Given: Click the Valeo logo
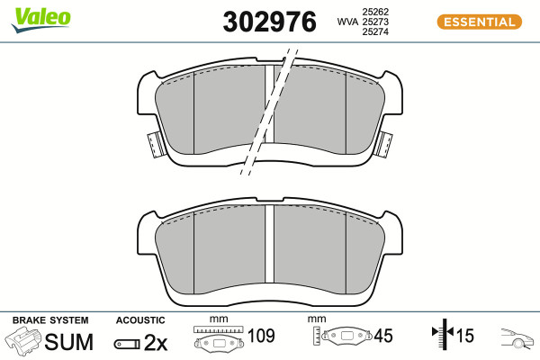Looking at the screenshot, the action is click(x=41, y=20).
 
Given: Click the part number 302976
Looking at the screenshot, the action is click(x=269, y=22).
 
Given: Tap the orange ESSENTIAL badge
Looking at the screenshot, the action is click(x=479, y=22).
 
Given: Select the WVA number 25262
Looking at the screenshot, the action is click(x=375, y=12).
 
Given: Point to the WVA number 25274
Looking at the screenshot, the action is click(x=375, y=31).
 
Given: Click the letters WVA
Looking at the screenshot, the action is click(x=347, y=22).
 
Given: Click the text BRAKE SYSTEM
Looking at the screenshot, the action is click(x=50, y=320).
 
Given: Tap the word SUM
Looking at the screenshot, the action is click(x=69, y=342).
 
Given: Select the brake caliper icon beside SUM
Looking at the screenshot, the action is click(x=22, y=340).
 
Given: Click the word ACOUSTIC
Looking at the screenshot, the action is click(x=140, y=320).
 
